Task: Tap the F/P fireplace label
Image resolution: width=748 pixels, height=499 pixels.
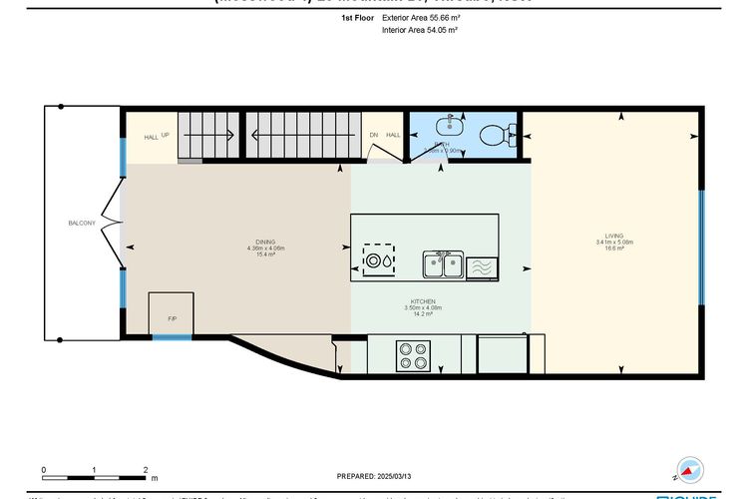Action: point(172,319)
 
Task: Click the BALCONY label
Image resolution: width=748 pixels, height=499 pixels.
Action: point(81,223)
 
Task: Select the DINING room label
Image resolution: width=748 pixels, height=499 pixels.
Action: point(265,242)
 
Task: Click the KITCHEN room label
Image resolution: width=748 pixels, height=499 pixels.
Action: point(424,301)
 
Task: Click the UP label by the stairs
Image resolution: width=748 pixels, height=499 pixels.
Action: point(165,137)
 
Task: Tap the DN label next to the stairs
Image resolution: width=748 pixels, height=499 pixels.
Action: point(374,135)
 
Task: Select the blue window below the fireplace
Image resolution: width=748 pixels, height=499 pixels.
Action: point(172,337)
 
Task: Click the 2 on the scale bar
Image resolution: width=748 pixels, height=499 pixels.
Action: point(146,469)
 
